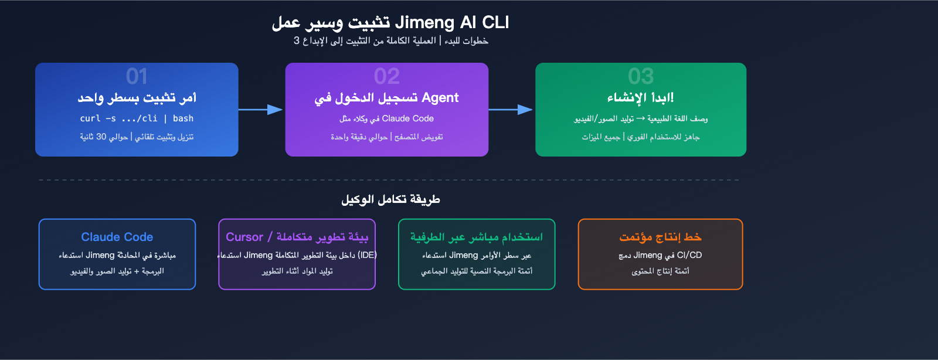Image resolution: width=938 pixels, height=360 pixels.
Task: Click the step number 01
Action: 137,76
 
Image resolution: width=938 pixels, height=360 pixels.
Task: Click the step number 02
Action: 387,76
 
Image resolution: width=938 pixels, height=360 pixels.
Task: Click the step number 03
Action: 641,76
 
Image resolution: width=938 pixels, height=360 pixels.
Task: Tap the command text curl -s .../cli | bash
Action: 137,118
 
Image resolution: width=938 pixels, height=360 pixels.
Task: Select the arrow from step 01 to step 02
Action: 261,110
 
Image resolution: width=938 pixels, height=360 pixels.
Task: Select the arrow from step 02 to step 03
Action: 511,110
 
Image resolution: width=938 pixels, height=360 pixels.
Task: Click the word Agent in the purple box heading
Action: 440,98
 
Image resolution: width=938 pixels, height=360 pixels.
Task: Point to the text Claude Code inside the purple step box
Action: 408,118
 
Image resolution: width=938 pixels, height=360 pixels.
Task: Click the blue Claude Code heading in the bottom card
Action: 117,237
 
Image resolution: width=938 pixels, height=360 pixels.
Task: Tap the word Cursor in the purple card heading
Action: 244,237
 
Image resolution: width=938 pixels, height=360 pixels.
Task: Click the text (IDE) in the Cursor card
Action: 367,255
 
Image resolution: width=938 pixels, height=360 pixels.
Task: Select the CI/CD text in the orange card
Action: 689,255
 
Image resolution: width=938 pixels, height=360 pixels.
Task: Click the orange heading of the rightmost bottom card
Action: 660,237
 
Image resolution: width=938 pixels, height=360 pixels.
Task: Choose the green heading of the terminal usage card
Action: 476,237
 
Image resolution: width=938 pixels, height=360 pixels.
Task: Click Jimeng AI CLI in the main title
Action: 452,22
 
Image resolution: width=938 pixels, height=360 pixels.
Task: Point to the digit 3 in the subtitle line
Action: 297,40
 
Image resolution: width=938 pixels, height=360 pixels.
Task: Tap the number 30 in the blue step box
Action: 101,137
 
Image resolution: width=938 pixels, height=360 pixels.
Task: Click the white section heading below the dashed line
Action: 390,199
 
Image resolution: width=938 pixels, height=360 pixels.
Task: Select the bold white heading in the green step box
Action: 640,97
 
